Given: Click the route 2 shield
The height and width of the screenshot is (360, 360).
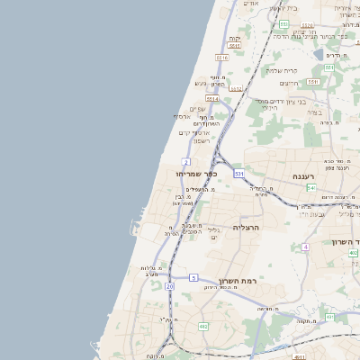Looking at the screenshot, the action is click(x=185, y=161).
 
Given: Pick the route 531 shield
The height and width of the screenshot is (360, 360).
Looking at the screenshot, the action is click(x=238, y=172).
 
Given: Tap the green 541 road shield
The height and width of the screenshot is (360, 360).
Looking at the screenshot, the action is click(x=310, y=188).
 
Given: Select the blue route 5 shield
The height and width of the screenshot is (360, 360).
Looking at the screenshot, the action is click(x=193, y=278).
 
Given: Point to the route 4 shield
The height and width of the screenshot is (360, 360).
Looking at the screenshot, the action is click(x=305, y=246).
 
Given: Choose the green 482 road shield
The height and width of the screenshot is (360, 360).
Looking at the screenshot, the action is click(x=202, y=326).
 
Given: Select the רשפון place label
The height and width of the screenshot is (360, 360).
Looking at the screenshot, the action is click(x=202, y=141).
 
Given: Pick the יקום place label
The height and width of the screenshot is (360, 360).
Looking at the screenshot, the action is click(x=235, y=39).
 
